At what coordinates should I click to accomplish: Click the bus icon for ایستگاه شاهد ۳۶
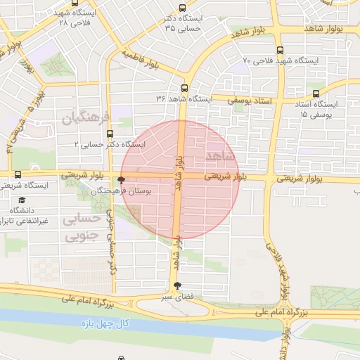[x=184, y=88]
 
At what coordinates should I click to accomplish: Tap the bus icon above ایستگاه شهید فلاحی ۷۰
[x=281, y=50]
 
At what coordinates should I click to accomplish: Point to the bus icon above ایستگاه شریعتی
[x=18, y=174]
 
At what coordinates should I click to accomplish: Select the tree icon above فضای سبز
[x=176, y=285]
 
